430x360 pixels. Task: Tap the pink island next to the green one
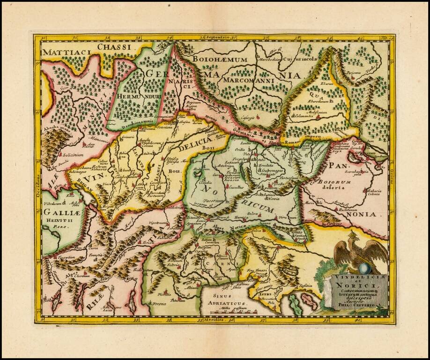pos(309,300)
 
